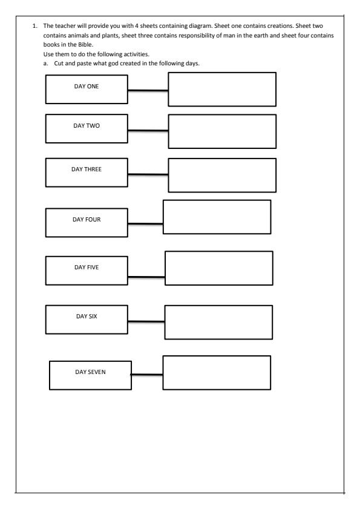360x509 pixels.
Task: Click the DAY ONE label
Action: (86, 87)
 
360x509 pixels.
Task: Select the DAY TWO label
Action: (86, 125)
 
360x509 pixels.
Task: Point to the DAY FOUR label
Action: (87, 219)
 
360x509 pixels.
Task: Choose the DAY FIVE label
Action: (87, 267)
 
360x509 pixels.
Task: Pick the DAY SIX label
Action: (87, 316)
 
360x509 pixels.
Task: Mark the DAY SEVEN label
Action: (90, 372)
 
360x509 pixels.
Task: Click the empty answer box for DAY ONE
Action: (221, 89)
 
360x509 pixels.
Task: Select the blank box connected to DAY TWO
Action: (221, 131)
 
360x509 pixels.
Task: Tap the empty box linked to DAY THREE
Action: (221, 175)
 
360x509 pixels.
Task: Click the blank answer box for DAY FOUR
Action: (217, 217)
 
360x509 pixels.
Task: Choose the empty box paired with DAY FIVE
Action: (218, 268)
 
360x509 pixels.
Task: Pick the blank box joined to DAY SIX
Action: (218, 322)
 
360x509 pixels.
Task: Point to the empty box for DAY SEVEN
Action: (217, 373)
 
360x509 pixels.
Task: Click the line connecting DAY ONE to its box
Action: (148, 91)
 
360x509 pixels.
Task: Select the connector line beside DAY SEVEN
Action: (147, 375)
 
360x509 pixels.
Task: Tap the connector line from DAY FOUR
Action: (145, 224)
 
